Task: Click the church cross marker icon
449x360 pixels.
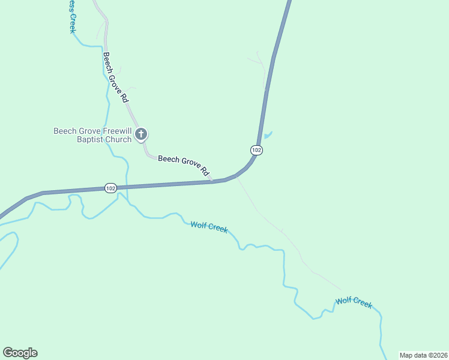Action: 141,134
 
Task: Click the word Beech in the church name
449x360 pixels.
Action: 64,131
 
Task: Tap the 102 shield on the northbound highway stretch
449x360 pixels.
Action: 256,149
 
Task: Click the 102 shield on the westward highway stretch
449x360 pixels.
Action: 110,188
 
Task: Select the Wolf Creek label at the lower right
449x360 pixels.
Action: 354,302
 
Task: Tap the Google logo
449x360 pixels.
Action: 20,352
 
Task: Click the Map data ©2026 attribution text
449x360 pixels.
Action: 423,355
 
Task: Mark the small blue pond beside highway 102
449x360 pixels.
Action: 268,135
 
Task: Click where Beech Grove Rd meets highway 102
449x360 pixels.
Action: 212,181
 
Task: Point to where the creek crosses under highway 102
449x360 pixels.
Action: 127,187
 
